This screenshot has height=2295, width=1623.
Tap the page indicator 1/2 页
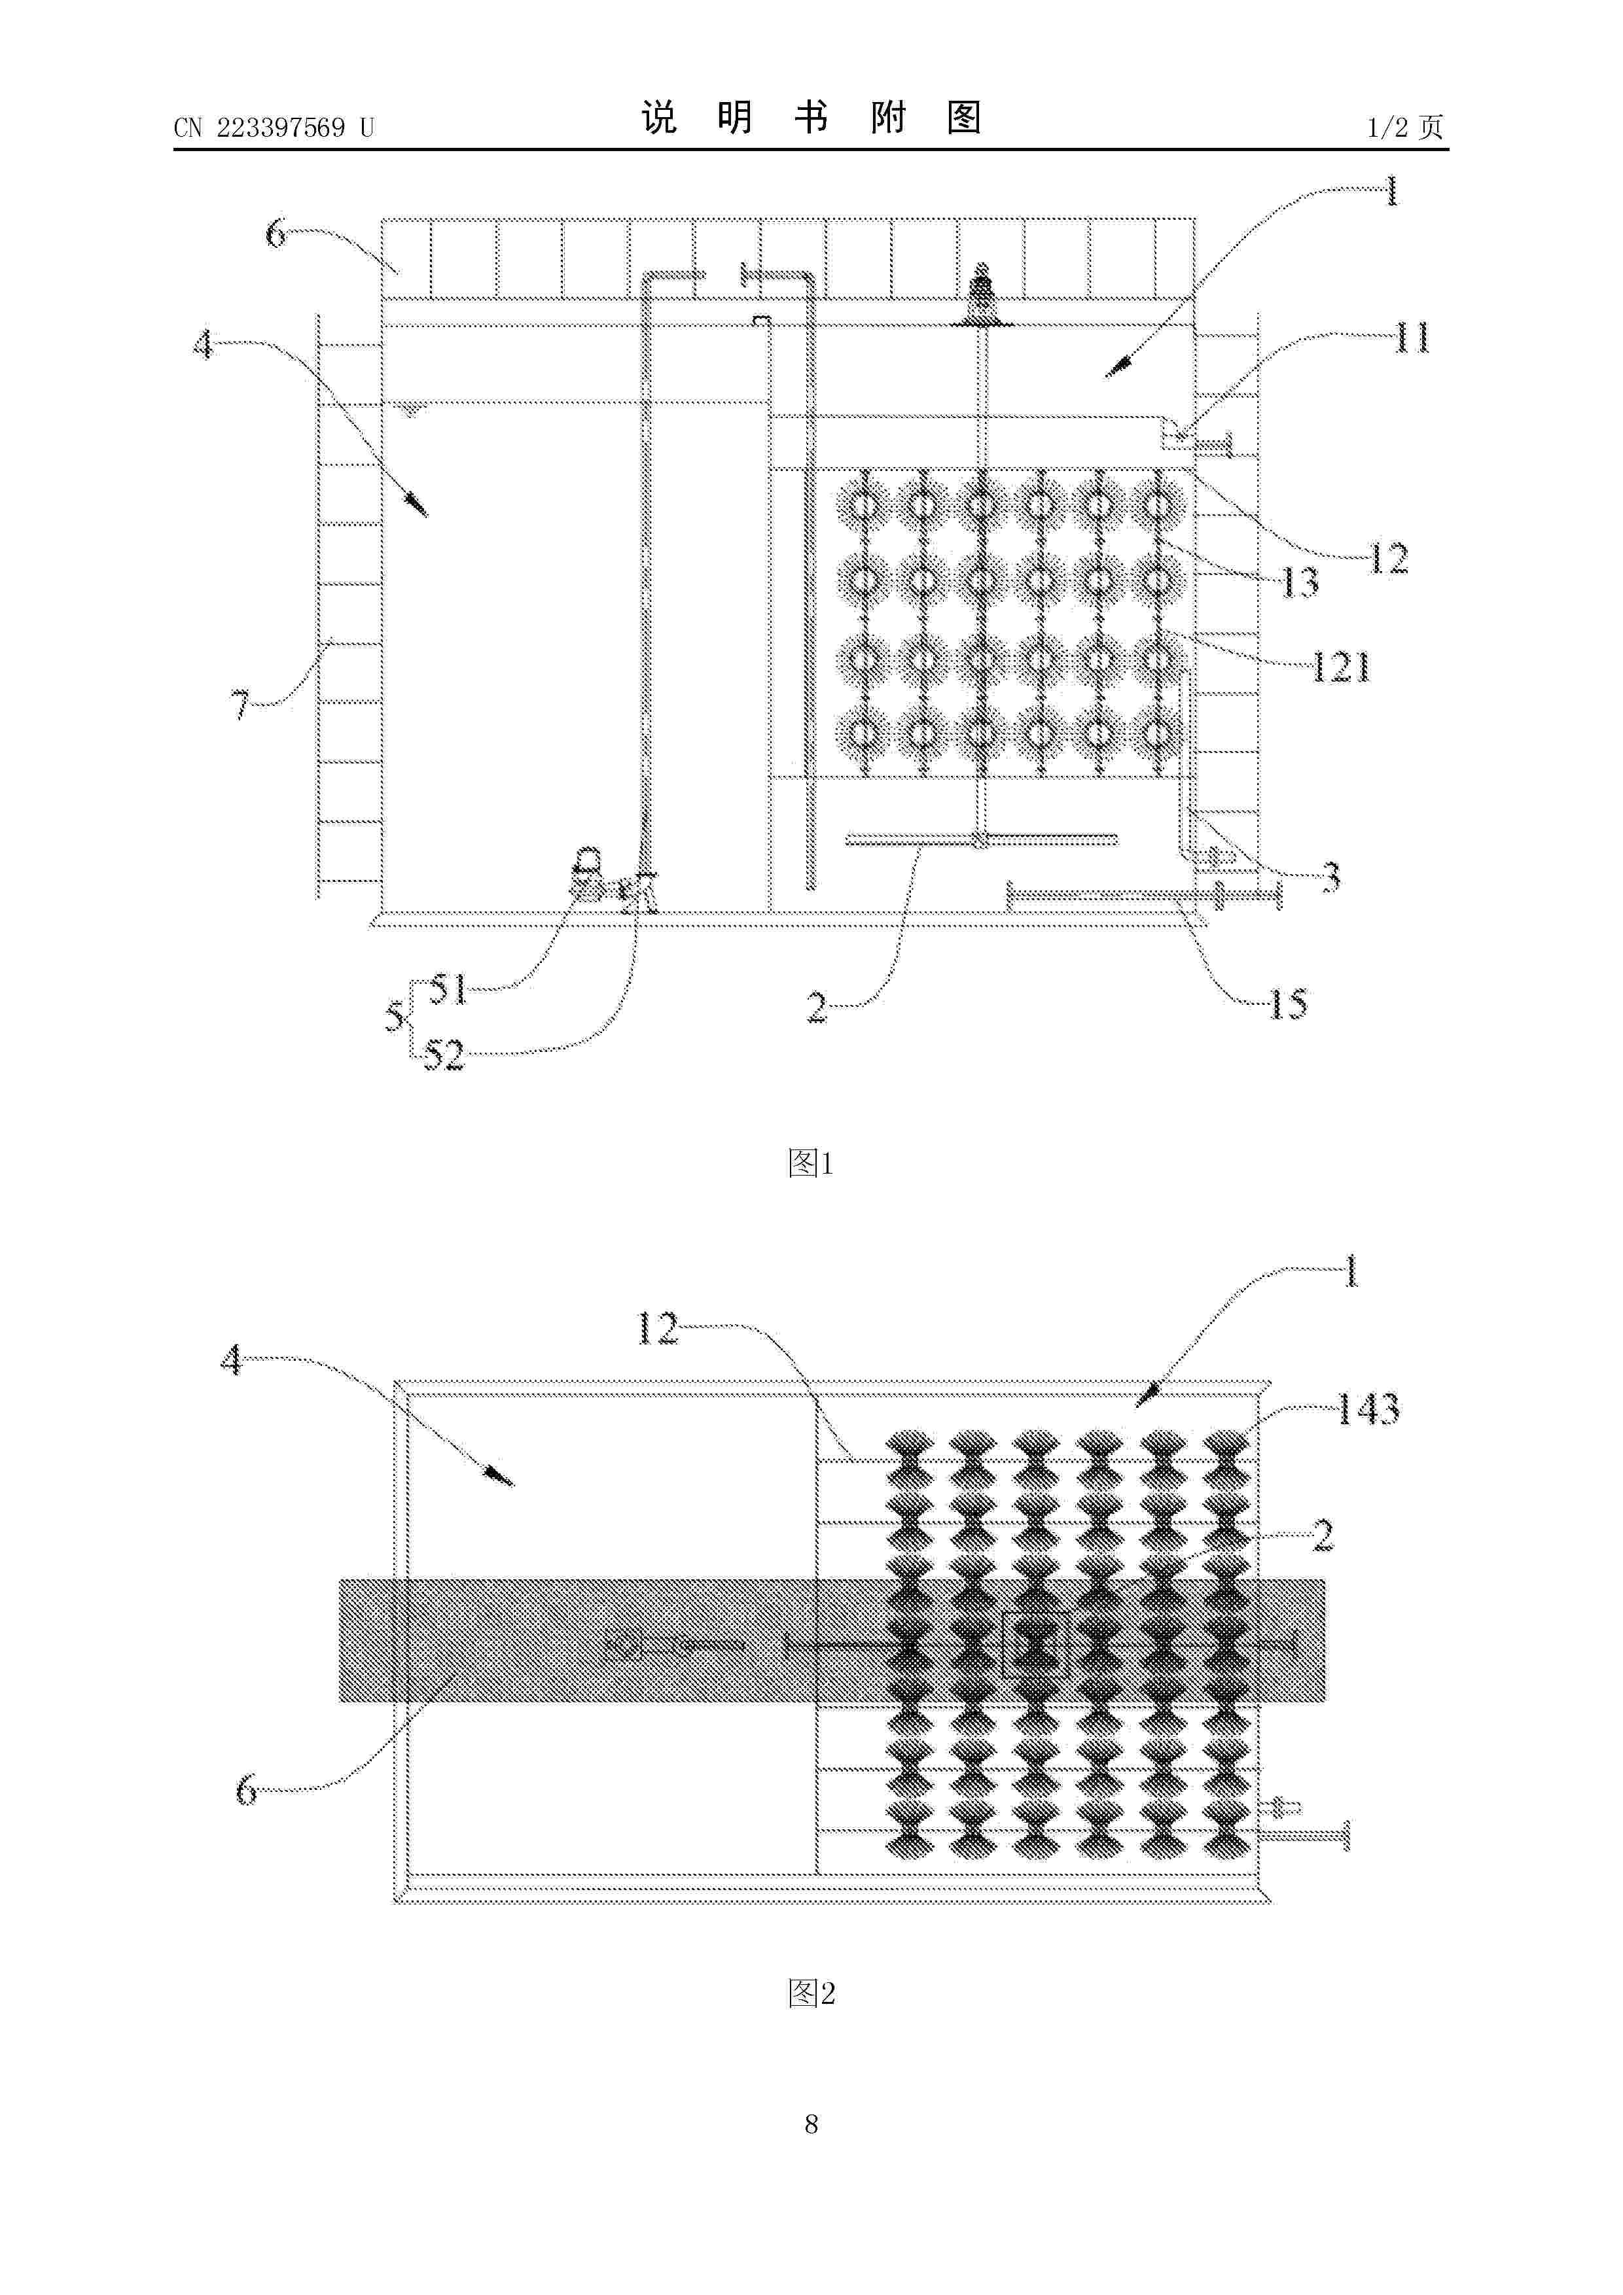(x=1405, y=127)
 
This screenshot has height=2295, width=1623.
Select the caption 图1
(x=810, y=1163)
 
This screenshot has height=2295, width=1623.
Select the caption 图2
(x=810, y=1993)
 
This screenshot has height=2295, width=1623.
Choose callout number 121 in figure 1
(x=1340, y=667)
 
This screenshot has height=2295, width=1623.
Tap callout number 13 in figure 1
(x=1299, y=582)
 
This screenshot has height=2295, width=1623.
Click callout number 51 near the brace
(x=449, y=990)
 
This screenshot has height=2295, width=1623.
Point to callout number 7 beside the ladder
(x=241, y=705)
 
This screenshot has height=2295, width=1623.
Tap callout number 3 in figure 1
(x=1330, y=877)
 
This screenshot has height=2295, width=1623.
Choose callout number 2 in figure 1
(x=817, y=1007)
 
